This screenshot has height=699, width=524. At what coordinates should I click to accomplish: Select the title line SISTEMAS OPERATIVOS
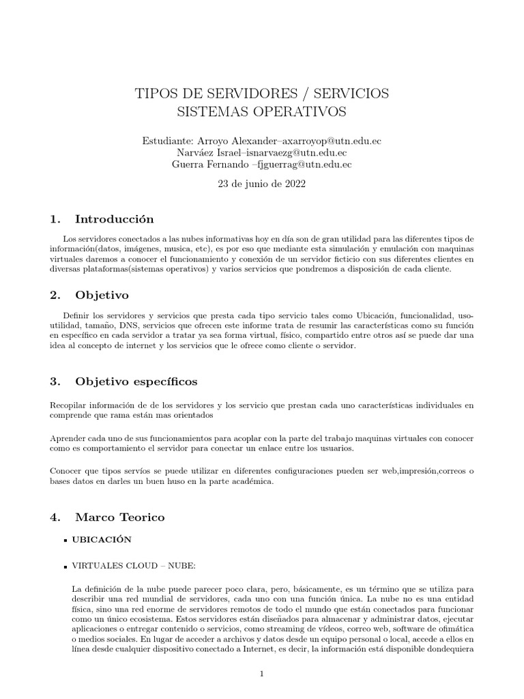[x=262, y=111]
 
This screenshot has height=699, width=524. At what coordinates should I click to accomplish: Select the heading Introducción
[x=114, y=219]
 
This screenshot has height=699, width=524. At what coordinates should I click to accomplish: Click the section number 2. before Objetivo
[x=56, y=295]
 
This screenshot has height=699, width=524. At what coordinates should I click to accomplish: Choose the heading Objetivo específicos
[x=136, y=381]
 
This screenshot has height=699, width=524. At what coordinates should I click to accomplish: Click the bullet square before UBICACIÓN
[x=64, y=540]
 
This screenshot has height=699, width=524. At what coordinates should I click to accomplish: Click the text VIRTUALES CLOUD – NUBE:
[x=124, y=566]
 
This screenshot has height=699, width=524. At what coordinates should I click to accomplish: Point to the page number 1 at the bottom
[x=262, y=673]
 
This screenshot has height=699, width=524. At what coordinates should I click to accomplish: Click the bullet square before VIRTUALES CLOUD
[x=64, y=567]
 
